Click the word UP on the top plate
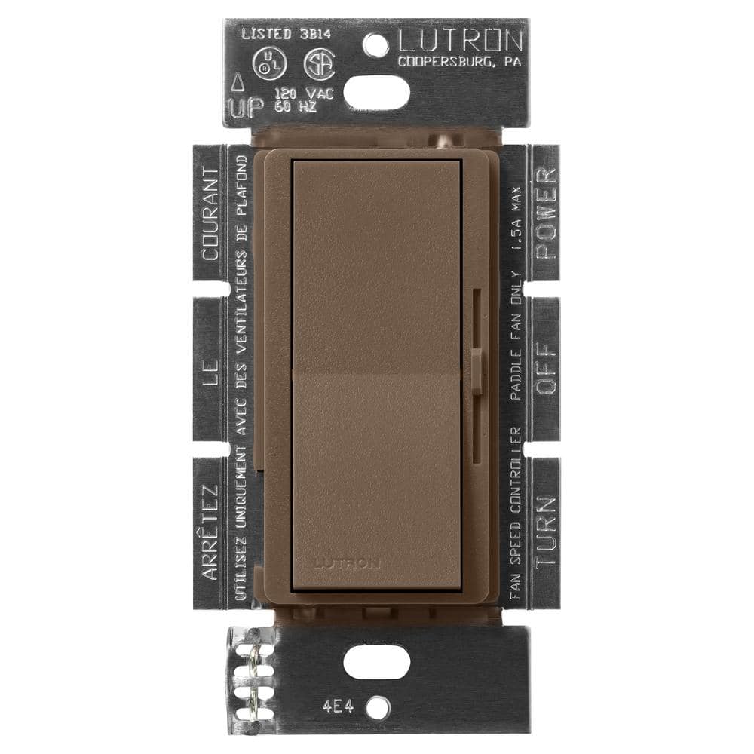coord(247,109)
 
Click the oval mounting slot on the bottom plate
coord(377,661)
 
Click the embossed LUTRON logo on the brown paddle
coord(347,562)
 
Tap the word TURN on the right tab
coord(546,531)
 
